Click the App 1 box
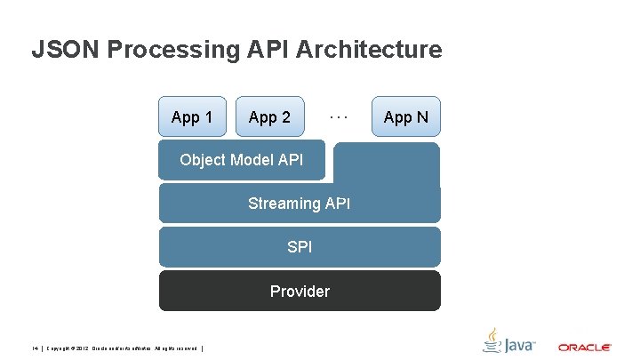tap(192, 117)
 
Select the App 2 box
tap(270, 117)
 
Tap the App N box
tap(405, 117)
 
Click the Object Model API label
tap(241, 160)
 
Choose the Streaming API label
tap(299, 204)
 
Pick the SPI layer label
tap(300, 247)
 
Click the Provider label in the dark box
tap(300, 292)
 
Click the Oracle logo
tap(584, 347)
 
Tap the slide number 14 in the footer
tap(34, 348)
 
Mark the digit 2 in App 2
tap(285, 117)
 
